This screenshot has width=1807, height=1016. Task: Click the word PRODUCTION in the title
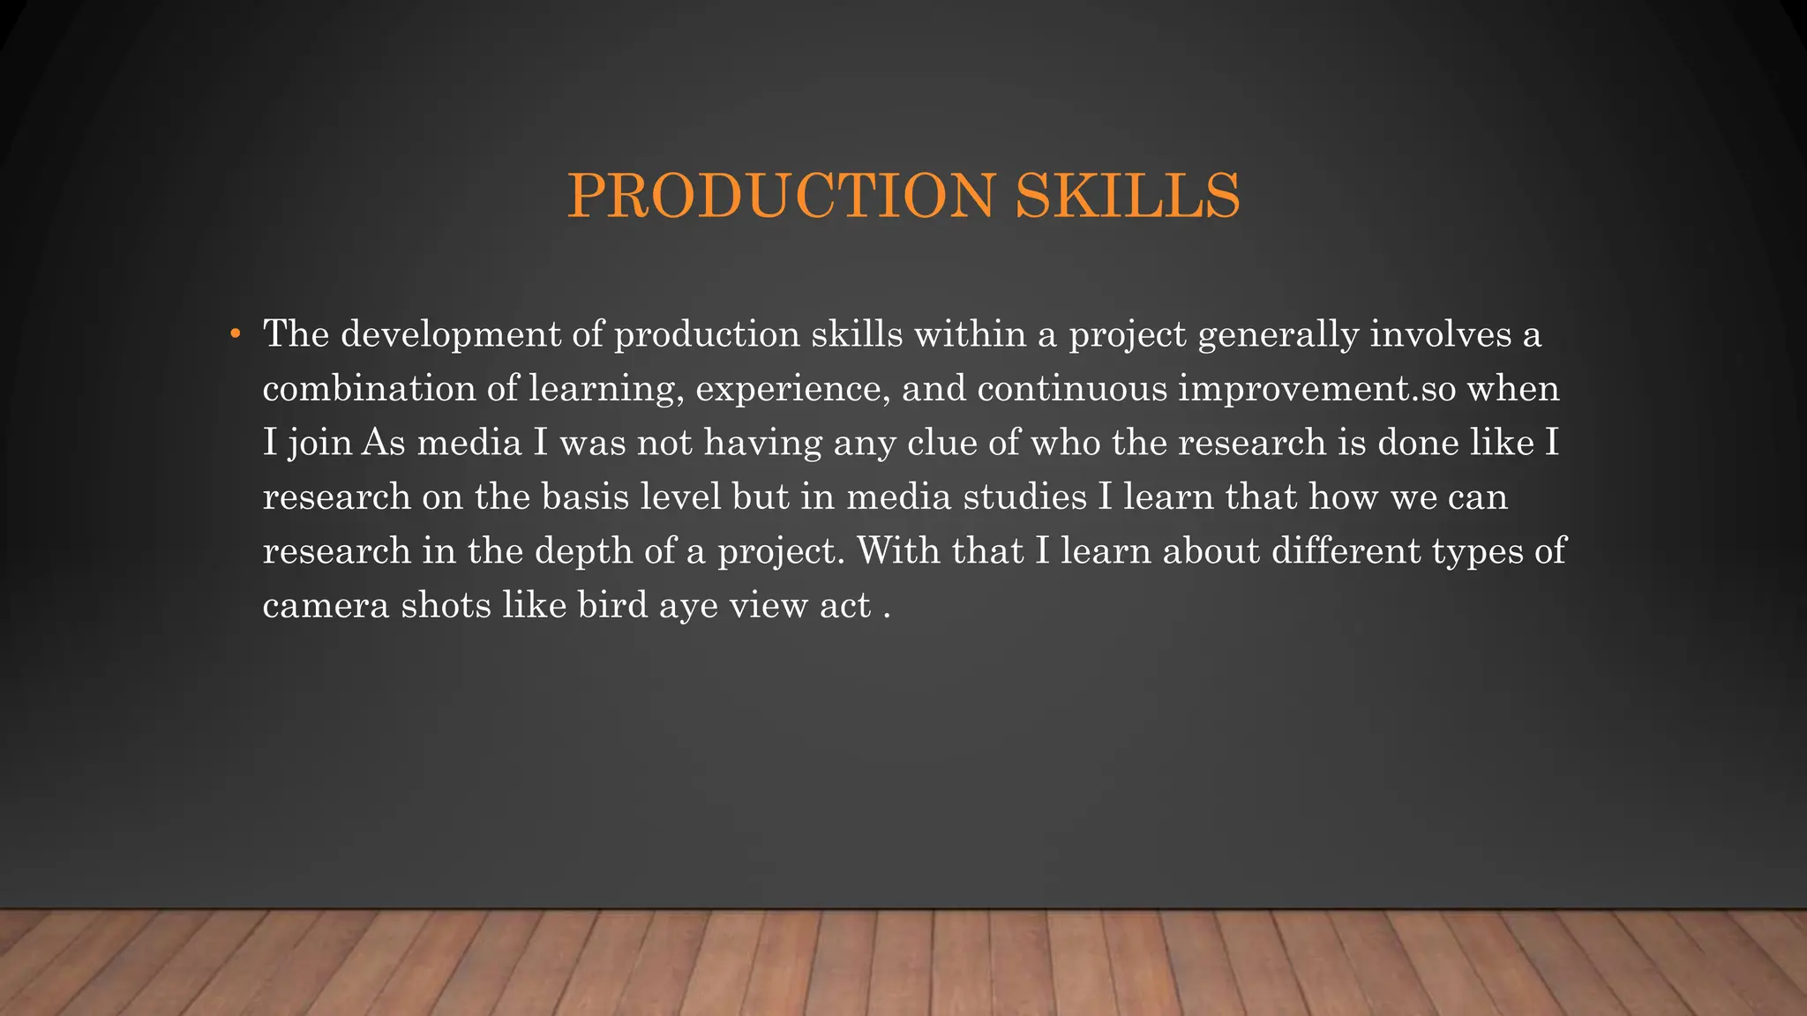(x=781, y=196)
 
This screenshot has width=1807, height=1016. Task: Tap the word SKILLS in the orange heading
(x=1128, y=196)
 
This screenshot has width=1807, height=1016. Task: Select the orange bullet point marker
(x=235, y=334)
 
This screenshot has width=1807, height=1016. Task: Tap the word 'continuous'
(x=1072, y=389)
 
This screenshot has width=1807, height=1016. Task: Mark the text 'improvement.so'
(x=1316, y=390)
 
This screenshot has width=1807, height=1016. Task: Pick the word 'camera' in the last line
(x=326, y=606)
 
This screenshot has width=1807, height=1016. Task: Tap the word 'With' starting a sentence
(x=898, y=551)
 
